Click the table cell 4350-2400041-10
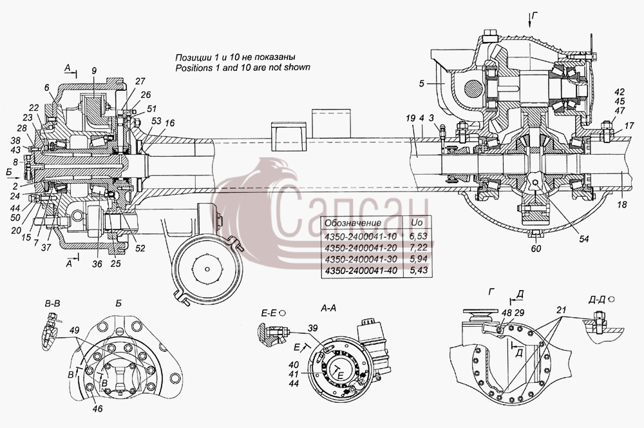pyautogui.click(x=355, y=237)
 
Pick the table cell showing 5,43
pyautogui.click(x=419, y=271)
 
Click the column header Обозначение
pyautogui.click(x=353, y=223)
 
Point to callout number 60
pyautogui.click(x=536, y=248)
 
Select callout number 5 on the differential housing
pyautogui.click(x=421, y=83)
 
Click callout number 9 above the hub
pyautogui.click(x=94, y=71)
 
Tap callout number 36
pyautogui.click(x=97, y=264)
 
